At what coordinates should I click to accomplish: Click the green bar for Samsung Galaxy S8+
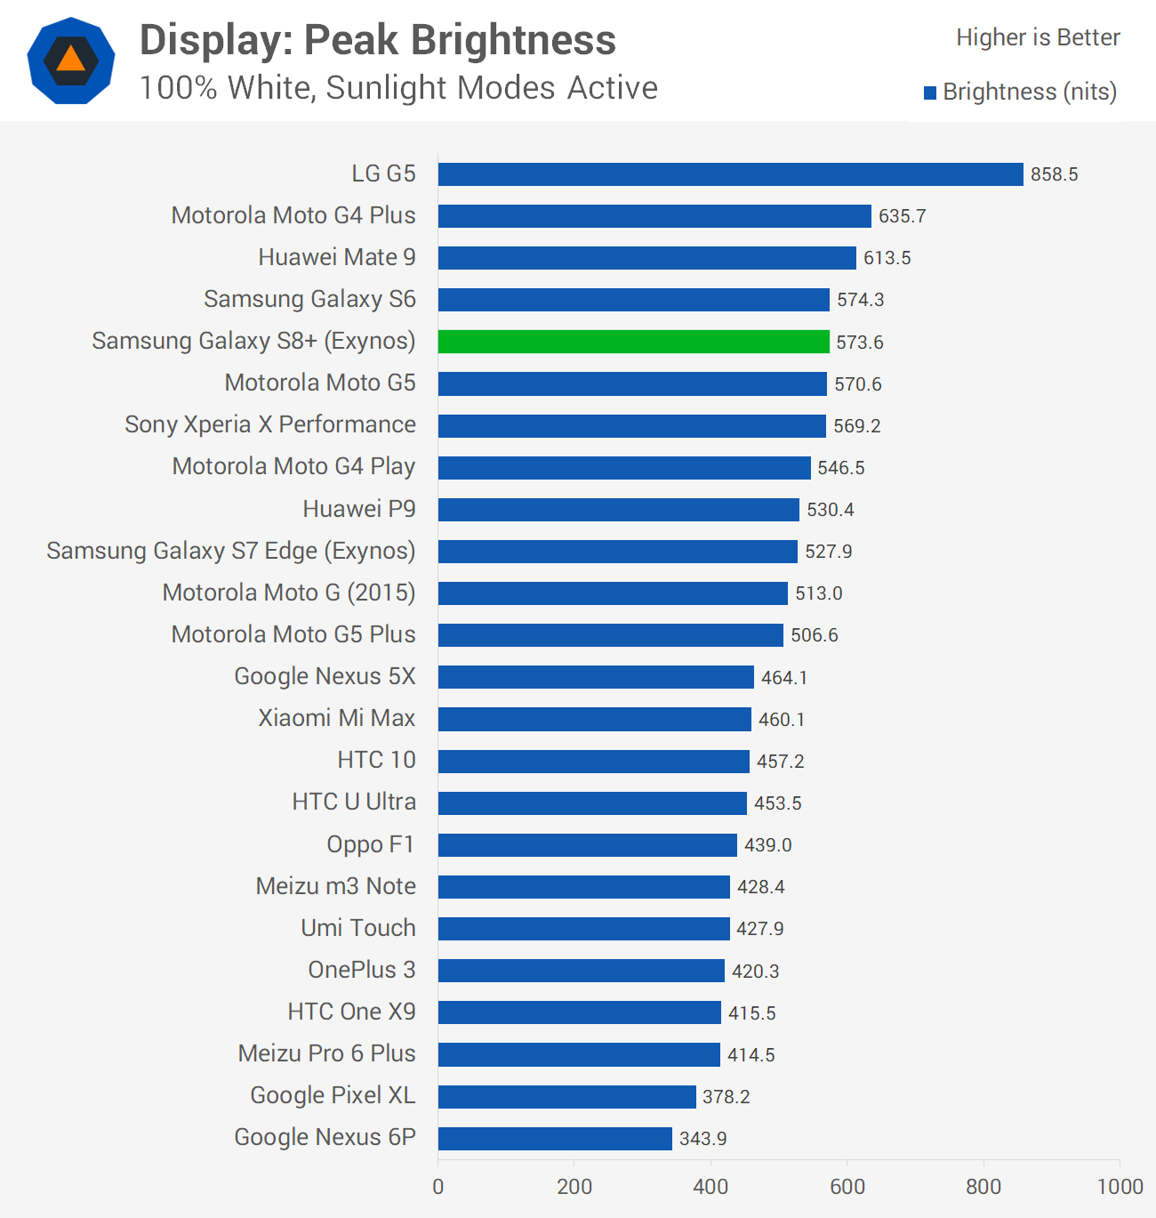pos(633,342)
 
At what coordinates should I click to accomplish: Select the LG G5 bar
pos(730,174)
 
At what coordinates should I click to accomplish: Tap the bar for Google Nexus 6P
pos(555,1139)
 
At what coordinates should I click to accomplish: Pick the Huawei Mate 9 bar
pos(646,258)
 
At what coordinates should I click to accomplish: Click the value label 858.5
pos(1054,174)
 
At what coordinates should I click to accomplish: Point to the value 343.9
pos(702,1139)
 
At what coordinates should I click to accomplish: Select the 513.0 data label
pos(818,593)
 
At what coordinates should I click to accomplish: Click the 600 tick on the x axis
pos(847,1186)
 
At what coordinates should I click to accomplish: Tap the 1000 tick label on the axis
pos(1120,1186)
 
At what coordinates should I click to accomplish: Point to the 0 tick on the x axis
pos(438,1186)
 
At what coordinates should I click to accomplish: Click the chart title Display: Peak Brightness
pos(378,40)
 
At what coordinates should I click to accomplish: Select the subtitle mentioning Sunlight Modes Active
pos(398,88)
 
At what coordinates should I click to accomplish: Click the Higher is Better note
pos(1038,37)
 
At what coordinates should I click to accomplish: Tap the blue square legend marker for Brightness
pos(930,93)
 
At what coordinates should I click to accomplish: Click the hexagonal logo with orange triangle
pos(71,60)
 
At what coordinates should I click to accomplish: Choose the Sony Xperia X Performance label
pos(270,425)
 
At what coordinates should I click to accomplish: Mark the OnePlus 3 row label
pos(361,970)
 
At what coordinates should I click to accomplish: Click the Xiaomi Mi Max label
pos(336,718)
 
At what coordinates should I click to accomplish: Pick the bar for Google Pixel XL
pos(566,1097)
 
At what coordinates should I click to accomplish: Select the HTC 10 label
pos(376,760)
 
